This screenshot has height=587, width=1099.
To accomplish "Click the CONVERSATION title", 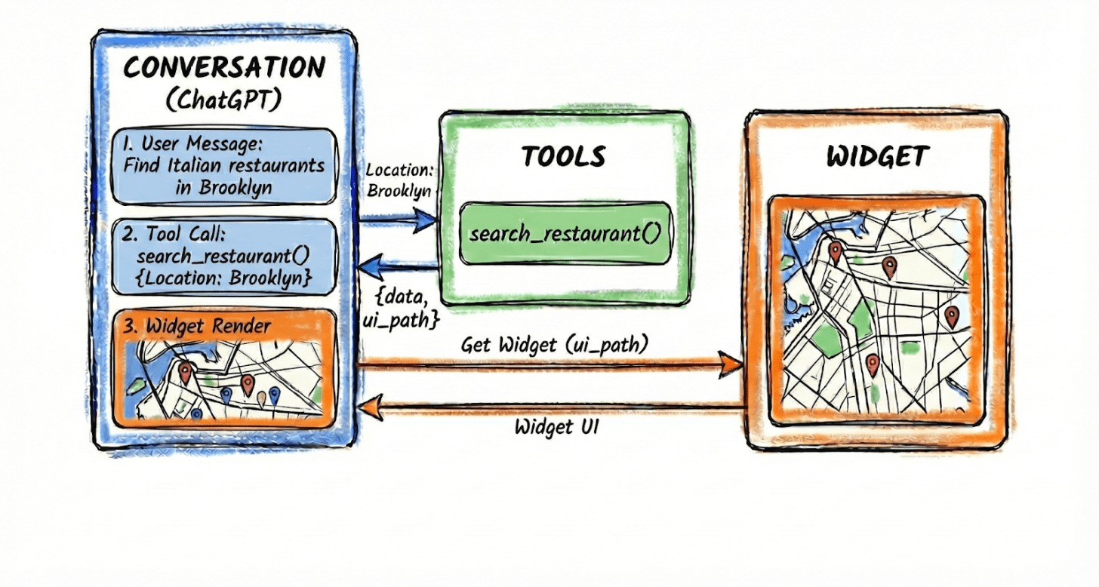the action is pyautogui.click(x=224, y=67).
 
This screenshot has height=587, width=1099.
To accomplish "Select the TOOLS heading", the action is pyautogui.click(x=563, y=156).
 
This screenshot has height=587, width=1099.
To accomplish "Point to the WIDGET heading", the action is pyautogui.click(x=877, y=156).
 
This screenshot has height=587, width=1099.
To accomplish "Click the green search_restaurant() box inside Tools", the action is pyautogui.click(x=565, y=232).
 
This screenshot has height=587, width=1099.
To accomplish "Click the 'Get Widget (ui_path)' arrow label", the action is pyautogui.click(x=554, y=345).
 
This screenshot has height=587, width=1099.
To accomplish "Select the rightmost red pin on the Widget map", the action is pyautogui.click(x=952, y=315).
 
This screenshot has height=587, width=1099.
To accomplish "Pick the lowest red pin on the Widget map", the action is pyautogui.click(x=873, y=364).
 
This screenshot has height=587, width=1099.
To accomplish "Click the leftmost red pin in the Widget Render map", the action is pyautogui.click(x=186, y=371).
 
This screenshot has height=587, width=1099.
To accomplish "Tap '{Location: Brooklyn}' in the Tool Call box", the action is pyautogui.click(x=223, y=277).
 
